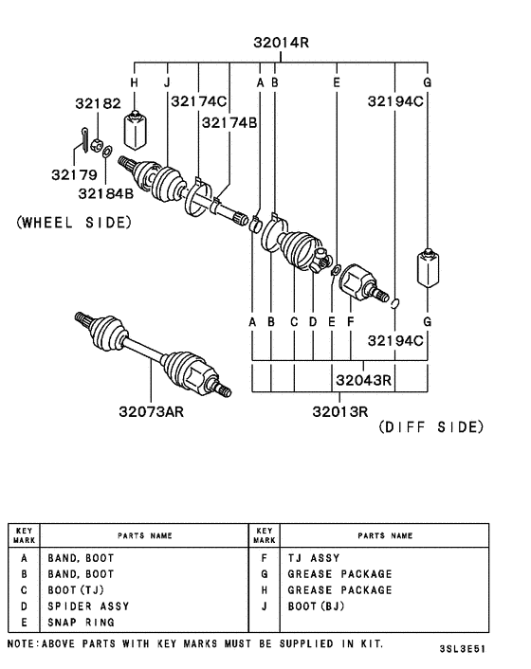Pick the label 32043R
pos(363,381)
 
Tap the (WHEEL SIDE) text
pos(75,223)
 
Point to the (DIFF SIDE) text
pos(430,427)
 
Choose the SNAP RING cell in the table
pos(81,623)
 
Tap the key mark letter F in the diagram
pos(351,322)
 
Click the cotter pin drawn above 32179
pos(84,139)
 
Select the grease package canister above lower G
pos(429,268)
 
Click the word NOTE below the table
pos(25,643)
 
